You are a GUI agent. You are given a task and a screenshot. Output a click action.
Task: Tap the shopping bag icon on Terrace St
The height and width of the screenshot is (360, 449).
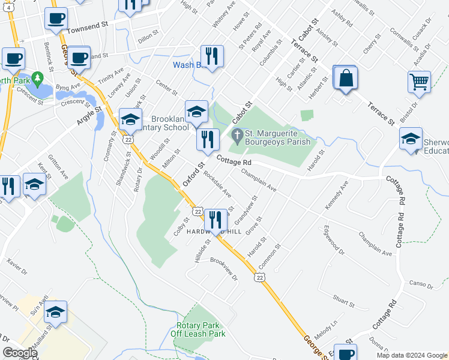pos(346,78)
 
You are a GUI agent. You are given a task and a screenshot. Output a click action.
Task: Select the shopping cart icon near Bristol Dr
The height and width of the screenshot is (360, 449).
pos(419,81)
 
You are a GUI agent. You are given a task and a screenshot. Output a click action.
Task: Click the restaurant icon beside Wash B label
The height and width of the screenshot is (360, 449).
pos(212,56)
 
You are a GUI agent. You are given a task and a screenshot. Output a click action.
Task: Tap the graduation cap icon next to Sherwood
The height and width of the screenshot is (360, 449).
pos(411,139)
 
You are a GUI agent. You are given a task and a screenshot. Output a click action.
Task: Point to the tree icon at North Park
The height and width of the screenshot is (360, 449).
pos(37,79)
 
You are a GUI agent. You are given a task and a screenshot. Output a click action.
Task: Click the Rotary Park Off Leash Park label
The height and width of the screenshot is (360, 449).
pos(197,329)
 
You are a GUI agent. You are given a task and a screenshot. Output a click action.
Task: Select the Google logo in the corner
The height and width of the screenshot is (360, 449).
pos(20,353)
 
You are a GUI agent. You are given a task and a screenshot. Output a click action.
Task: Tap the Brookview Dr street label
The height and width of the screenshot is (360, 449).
pos(223,269)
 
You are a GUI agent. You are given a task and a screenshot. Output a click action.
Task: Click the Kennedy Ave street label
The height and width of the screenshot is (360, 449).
pos(337,194)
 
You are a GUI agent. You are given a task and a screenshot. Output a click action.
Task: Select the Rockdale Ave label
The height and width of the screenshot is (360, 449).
pos(217,185)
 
